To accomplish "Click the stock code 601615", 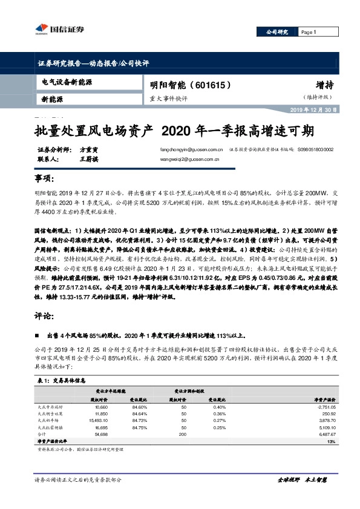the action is click(x=208, y=86).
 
